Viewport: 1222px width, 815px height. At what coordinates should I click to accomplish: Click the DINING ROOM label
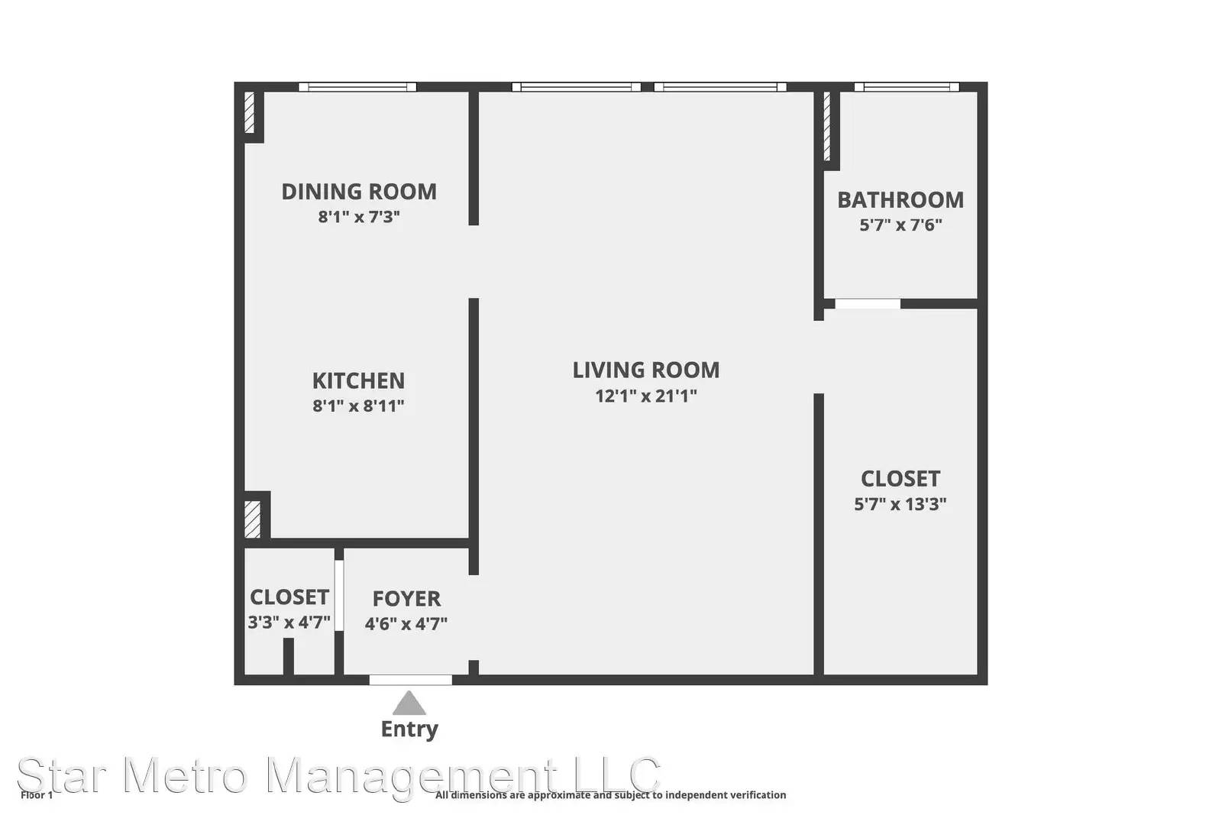[359, 192]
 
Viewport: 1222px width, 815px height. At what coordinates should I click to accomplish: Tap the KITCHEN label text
[358, 381]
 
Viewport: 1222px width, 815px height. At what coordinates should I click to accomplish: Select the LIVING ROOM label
[646, 370]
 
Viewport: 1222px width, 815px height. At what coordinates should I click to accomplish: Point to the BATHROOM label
[900, 200]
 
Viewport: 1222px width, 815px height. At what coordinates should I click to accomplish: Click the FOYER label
[406, 599]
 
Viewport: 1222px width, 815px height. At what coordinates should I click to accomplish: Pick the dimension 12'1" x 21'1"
[646, 396]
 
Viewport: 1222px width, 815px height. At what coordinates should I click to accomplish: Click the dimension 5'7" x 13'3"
[900, 504]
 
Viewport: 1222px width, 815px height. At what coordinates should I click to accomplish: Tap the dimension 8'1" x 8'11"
[358, 406]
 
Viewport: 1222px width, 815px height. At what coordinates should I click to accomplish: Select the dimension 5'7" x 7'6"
[900, 225]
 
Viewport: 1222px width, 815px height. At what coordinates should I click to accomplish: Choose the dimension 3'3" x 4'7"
[289, 623]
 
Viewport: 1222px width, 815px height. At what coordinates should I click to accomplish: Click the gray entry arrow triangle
[409, 703]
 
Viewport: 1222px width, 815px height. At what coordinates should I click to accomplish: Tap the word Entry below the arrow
[409, 729]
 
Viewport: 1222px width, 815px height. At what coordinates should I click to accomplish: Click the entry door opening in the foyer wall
[411, 680]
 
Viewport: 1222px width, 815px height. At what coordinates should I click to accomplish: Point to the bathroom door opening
[868, 303]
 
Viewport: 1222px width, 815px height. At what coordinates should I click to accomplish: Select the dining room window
[357, 87]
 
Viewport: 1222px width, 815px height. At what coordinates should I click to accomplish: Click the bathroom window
[907, 87]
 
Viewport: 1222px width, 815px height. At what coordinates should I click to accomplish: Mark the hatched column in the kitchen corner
[252, 519]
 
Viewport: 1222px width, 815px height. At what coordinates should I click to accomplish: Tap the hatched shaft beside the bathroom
[826, 127]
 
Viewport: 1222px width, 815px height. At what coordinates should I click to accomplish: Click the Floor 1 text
[37, 795]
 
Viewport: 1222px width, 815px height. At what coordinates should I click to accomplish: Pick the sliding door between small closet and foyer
[339, 595]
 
